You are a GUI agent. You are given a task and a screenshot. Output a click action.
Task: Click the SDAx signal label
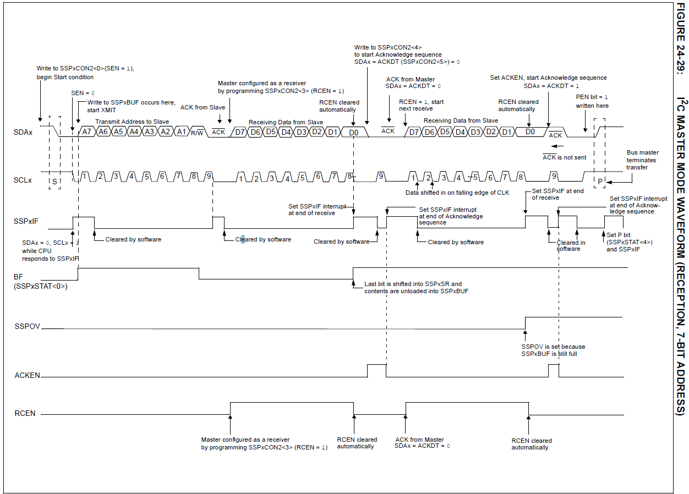23,132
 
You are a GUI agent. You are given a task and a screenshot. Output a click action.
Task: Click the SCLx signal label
23,180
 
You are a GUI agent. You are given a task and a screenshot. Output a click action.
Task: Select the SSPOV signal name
28,326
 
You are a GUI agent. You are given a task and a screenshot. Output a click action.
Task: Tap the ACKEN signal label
27,375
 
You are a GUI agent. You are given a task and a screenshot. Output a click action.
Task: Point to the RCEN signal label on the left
25,413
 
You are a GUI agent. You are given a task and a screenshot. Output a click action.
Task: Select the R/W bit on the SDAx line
197,132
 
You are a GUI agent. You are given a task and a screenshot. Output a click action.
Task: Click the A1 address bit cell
181,131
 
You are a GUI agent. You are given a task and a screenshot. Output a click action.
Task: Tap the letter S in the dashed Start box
54,181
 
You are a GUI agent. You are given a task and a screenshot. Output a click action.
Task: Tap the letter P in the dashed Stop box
600,181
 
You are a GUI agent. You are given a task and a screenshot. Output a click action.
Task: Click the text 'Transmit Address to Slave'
132,122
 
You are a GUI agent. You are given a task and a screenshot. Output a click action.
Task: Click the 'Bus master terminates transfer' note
642,160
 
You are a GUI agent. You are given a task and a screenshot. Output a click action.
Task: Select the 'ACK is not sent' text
564,157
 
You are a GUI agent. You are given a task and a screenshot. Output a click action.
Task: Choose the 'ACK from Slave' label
203,107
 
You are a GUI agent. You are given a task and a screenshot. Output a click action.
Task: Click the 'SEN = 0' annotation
83,93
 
